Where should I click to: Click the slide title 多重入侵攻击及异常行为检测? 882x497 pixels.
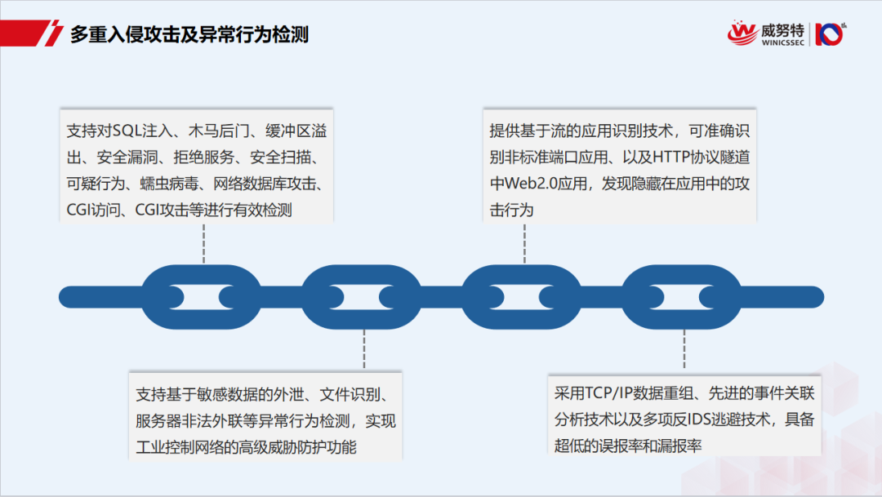click(189, 35)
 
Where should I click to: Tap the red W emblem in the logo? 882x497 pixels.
click(742, 33)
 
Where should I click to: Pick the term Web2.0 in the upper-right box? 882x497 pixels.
click(528, 184)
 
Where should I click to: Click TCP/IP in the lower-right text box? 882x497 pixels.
click(610, 393)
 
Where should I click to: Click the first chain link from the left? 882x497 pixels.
click(201, 297)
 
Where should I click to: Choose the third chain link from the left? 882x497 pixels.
click(522, 297)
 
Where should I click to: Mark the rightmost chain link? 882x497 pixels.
click(682, 297)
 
